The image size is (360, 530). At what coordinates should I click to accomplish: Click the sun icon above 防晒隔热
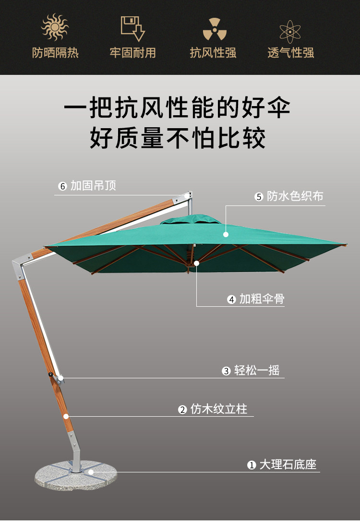[x=55, y=27]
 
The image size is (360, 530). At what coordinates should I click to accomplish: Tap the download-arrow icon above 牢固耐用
[x=133, y=28]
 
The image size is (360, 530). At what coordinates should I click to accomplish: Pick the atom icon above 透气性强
[x=291, y=30]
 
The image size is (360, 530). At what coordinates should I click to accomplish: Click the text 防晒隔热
[x=55, y=53]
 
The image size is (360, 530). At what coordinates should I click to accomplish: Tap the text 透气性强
[x=291, y=53]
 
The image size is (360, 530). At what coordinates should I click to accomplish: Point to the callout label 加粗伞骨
[x=262, y=299]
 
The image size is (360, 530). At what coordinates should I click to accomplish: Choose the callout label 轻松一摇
[x=257, y=371]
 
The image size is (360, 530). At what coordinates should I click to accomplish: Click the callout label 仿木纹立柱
[x=219, y=409]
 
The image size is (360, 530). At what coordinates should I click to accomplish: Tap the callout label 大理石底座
[x=288, y=465]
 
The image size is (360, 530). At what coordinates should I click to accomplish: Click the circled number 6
[x=62, y=186]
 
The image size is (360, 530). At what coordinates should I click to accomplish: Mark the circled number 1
[x=252, y=465]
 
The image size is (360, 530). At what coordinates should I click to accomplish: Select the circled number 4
[x=231, y=300]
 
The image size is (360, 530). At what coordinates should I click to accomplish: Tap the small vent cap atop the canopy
[x=191, y=219]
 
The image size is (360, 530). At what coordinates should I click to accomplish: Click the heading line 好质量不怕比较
[x=178, y=138]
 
